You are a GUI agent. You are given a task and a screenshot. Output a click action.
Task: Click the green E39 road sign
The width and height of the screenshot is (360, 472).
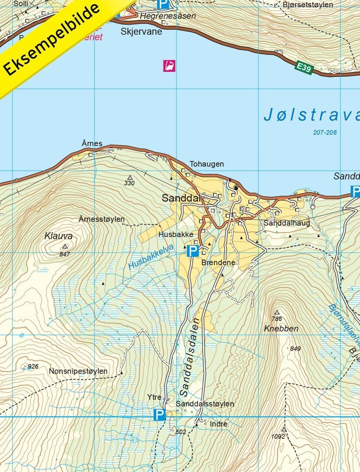point(304,67)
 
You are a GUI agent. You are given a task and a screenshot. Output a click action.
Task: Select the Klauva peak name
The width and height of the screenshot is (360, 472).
point(58,236)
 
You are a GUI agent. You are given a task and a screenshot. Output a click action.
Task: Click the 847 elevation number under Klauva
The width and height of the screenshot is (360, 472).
point(64,254)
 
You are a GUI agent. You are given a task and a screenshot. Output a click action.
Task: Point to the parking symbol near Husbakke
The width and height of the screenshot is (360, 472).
point(193,251)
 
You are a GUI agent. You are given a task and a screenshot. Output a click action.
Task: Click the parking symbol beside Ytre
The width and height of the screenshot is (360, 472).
point(159,414)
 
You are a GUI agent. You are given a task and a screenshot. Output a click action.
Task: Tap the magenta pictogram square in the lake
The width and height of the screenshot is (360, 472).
point(169,66)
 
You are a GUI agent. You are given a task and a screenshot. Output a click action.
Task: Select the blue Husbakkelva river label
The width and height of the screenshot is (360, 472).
point(151,257)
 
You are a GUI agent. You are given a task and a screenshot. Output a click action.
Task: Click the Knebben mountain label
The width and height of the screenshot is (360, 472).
point(281,329)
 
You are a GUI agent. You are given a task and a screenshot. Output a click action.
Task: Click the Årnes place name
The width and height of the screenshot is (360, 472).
point(92,144)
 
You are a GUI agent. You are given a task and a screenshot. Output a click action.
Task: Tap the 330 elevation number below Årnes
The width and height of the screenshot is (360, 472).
point(130,183)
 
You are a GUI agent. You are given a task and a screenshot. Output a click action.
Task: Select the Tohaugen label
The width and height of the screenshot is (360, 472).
point(207,164)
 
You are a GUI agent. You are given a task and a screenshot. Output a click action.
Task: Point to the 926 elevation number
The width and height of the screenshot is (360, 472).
point(33,366)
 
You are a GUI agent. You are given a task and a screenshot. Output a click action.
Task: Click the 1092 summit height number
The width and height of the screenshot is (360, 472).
point(279,436)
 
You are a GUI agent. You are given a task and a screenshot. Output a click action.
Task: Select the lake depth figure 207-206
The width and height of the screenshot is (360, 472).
point(325,132)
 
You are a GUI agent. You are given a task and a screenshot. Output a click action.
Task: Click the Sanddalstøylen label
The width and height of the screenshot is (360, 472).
point(205,404)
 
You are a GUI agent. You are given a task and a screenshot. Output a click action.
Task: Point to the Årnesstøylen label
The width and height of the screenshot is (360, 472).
point(101,219)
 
